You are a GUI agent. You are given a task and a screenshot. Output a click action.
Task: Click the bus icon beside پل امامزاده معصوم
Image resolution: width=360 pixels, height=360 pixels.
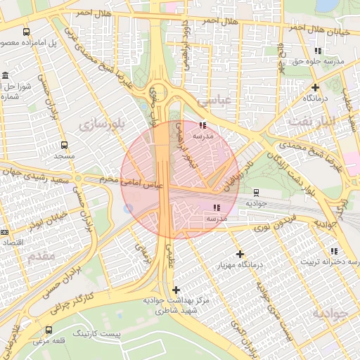27,32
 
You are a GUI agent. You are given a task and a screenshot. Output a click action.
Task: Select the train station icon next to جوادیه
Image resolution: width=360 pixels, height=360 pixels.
255,191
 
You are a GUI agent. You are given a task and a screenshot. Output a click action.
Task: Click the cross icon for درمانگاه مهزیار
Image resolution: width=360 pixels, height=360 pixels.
240,254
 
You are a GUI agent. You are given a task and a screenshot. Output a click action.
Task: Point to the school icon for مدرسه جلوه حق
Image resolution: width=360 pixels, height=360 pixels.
318,51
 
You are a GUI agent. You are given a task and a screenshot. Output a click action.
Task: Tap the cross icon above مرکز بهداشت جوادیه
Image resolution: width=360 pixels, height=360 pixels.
176,290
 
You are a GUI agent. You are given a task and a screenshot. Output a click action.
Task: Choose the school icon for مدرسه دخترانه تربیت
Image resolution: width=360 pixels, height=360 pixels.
333,251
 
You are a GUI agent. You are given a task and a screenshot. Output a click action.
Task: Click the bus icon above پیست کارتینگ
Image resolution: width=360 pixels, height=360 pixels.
48,330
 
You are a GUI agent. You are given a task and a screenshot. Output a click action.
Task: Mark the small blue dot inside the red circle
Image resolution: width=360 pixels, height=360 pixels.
127,208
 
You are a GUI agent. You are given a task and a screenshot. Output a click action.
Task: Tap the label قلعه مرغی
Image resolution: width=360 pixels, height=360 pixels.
49,342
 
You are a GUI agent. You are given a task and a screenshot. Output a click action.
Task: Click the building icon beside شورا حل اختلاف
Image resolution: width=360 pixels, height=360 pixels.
6,76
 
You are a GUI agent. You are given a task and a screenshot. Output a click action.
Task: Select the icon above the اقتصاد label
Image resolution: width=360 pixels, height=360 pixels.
4,232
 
